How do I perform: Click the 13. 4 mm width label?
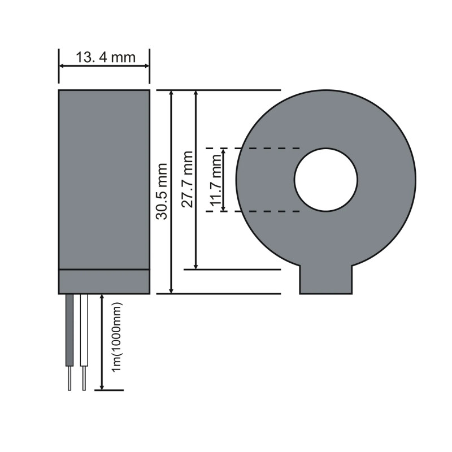click(106, 58)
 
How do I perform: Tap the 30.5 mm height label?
click(162, 192)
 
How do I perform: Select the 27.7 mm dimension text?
click(188, 179)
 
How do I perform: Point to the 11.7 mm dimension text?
click(216, 180)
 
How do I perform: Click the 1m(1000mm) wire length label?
click(117, 337)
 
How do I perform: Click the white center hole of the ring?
click(326, 180)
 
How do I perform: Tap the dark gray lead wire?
click(69, 331)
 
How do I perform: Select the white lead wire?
click(84, 331)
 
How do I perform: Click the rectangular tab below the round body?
click(326, 279)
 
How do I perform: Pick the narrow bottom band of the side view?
click(104, 281)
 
